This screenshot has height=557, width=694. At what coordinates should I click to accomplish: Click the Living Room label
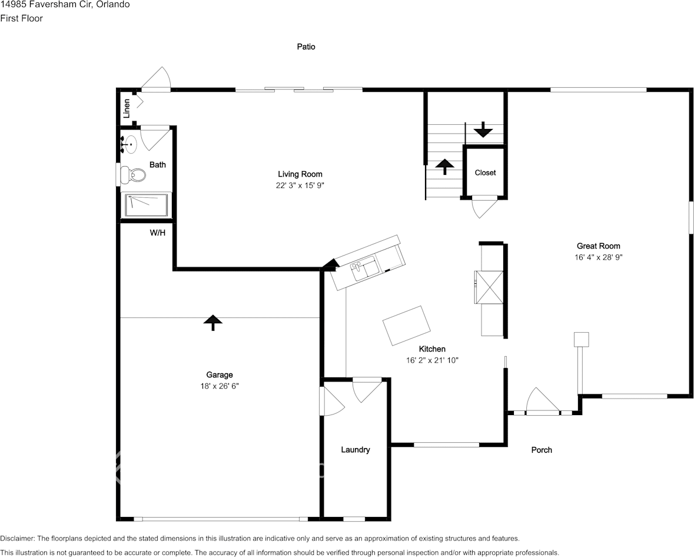pos(300,174)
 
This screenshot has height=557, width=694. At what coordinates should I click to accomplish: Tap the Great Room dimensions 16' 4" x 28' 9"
pos(598,257)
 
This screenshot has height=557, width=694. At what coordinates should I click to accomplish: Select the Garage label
pos(219,375)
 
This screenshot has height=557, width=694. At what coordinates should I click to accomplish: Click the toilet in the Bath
pos(134,174)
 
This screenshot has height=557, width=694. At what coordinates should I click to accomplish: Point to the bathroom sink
pos(130,144)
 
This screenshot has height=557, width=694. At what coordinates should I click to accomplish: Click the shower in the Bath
pos(146,205)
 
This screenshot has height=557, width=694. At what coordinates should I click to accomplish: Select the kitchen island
pos(406,325)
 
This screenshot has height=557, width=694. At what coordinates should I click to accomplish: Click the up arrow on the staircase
pos(444,166)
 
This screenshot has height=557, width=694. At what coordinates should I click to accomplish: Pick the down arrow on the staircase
pos(483,129)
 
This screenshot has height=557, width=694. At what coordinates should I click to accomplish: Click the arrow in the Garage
pos(212,322)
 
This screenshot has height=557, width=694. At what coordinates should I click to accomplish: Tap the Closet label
pos(485,173)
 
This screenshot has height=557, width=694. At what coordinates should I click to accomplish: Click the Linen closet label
pos(126,108)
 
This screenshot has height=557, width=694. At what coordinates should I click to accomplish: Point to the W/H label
pos(157,233)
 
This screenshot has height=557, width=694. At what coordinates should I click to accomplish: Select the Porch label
pos(542,450)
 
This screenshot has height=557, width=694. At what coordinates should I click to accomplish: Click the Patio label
pos(306,47)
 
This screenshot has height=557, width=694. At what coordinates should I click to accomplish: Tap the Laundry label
pos(356,450)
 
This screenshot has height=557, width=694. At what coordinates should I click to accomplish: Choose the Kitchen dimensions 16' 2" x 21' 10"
pos(432,360)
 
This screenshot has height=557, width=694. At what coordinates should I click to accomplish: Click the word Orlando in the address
pos(114,5)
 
